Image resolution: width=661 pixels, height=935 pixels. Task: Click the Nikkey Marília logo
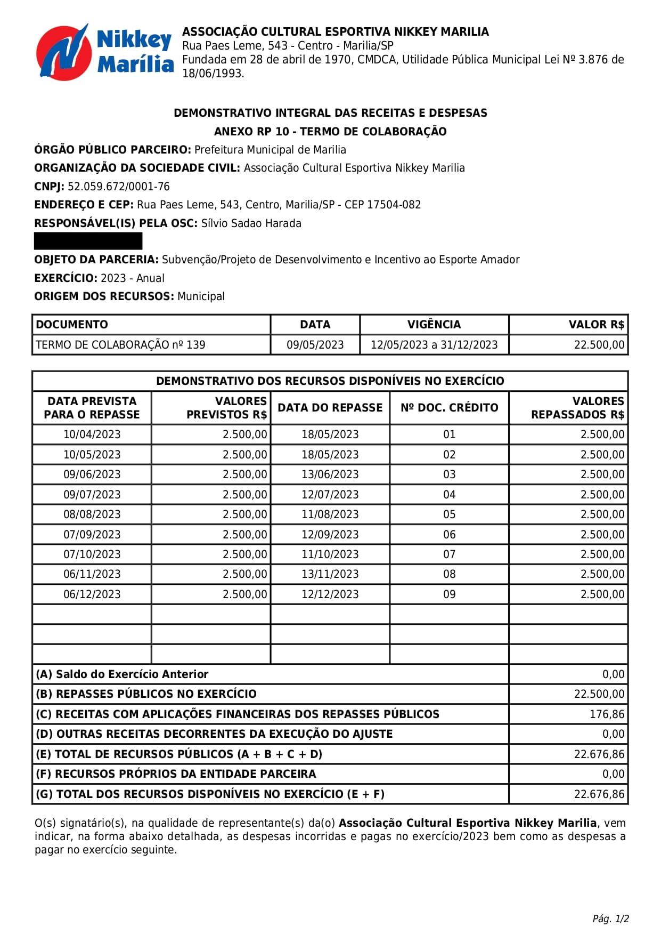click(x=104, y=52)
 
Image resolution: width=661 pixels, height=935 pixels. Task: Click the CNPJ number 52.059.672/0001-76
click(x=119, y=187)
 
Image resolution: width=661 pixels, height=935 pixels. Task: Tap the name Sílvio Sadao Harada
click(x=251, y=223)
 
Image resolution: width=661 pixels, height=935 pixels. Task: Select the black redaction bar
click(x=88, y=241)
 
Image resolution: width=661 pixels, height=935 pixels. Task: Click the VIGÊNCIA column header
click(x=434, y=325)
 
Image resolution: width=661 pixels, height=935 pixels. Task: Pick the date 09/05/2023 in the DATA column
click(x=315, y=345)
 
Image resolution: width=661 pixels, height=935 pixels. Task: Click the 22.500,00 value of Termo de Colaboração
click(x=599, y=345)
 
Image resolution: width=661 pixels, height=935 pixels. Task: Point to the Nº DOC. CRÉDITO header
click(x=449, y=408)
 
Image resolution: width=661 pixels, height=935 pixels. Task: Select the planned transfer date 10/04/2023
click(x=92, y=434)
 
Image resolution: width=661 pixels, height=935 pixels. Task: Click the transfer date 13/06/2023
click(x=330, y=474)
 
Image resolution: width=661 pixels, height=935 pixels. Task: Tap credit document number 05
click(x=449, y=514)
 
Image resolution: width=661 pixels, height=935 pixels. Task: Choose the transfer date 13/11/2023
click(x=330, y=574)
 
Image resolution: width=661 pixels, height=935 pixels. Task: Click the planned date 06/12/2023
click(x=92, y=594)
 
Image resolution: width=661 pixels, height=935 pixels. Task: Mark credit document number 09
click(x=449, y=594)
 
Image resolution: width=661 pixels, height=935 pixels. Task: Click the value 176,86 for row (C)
click(x=607, y=714)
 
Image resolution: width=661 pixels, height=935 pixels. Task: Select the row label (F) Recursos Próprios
click(x=176, y=774)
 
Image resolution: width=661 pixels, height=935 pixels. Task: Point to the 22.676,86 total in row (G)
click(x=599, y=794)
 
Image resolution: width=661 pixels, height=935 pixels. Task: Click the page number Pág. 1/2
click(x=610, y=919)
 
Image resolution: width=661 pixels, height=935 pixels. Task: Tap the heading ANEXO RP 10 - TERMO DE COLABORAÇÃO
click(x=330, y=132)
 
